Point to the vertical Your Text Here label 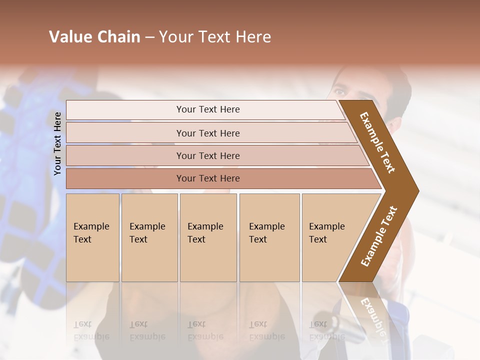57,144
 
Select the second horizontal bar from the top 208,133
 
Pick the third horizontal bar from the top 208,155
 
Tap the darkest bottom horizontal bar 208,178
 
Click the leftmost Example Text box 92,237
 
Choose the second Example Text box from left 149,237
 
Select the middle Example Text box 208,237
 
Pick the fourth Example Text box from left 269,237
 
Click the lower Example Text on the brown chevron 379,236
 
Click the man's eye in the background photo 340,92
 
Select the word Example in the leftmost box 91,226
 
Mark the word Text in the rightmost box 317,239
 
